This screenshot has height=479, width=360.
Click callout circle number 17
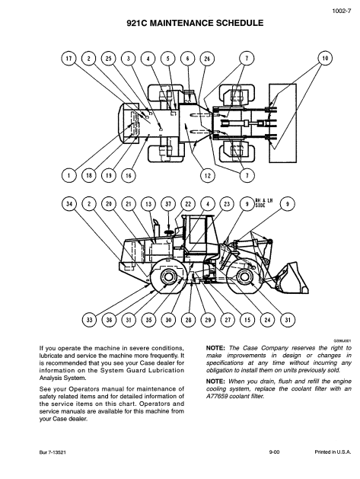[x=69, y=59]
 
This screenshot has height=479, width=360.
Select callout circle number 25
[x=109, y=59]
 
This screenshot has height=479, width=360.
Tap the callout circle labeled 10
[x=325, y=59]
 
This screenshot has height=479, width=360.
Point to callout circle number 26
[x=207, y=59]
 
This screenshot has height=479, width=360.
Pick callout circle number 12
[x=207, y=175]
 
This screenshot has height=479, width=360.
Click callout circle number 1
[x=69, y=175]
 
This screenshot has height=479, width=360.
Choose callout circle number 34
[x=69, y=204]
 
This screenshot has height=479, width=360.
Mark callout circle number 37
[x=168, y=204]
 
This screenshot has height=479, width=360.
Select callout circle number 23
[x=227, y=204]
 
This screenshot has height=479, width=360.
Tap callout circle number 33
[x=90, y=320]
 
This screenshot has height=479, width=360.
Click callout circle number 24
[x=267, y=320]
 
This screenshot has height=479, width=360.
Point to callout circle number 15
[x=247, y=320]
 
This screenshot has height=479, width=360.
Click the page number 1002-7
[x=342, y=11]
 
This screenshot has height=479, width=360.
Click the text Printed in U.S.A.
[x=333, y=452]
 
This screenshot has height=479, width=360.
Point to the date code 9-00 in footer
[x=274, y=452]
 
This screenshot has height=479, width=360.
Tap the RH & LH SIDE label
[x=263, y=203]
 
